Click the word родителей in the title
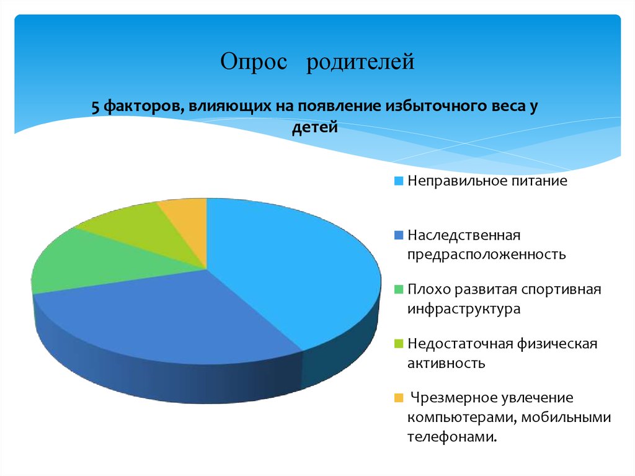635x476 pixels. click(360, 63)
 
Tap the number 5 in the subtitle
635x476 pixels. click(95, 107)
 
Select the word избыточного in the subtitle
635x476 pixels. click(434, 107)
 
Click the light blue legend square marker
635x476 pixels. click(399, 182)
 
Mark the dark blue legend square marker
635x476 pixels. click(399, 236)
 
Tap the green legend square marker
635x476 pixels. click(399, 290)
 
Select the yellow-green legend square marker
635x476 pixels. click(399, 344)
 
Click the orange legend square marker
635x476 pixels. click(399, 398)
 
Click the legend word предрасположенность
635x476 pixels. click(486, 254)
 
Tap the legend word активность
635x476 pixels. click(446, 362)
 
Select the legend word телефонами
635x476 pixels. click(453, 437)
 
